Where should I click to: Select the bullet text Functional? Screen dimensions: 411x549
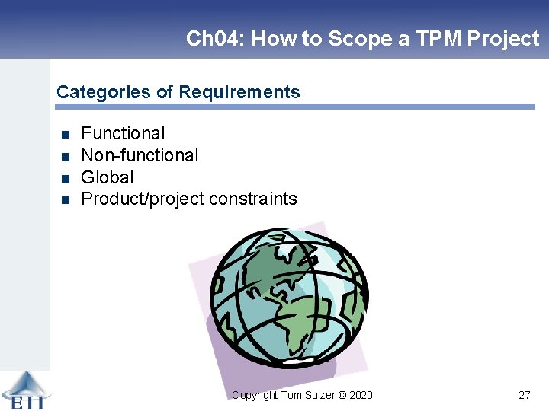[x=123, y=134]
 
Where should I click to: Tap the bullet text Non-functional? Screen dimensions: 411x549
[x=140, y=156]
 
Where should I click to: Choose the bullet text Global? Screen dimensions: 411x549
[x=107, y=177]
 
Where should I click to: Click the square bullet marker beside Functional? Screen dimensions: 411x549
[x=65, y=135]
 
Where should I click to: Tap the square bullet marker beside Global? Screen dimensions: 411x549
[x=65, y=178]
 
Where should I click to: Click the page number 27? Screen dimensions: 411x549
[x=524, y=395]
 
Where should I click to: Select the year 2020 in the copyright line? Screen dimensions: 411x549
[x=361, y=395]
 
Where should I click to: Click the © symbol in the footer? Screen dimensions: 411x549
[x=342, y=395]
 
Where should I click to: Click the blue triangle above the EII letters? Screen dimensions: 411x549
[x=24, y=381]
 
